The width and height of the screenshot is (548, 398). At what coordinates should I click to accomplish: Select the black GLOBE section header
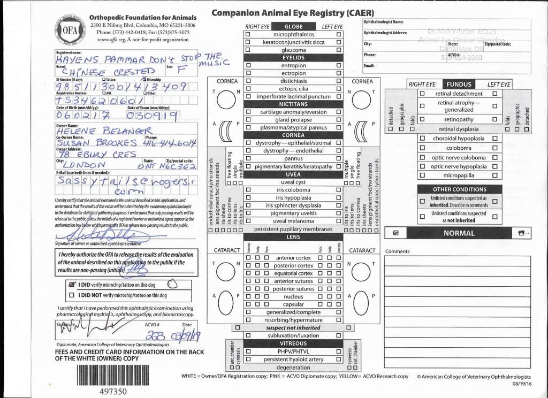click(293, 27)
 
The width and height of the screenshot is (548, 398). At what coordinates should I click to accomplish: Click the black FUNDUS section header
click(459, 85)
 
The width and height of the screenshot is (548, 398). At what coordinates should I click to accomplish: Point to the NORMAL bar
click(459, 233)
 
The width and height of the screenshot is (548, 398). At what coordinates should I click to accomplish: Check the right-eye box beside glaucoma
click(248, 50)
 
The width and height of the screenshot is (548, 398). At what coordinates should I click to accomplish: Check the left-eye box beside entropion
click(338, 65)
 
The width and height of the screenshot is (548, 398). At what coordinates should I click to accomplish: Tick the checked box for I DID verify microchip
click(72, 285)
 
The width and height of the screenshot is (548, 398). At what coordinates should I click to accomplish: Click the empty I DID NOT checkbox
click(72, 295)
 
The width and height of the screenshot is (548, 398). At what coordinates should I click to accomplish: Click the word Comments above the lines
click(397, 251)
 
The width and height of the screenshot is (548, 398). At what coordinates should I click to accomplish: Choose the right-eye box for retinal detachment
click(422, 94)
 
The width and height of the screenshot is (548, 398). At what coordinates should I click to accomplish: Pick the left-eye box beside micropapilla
click(494, 174)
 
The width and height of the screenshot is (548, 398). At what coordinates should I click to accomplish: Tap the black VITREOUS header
click(293, 343)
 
